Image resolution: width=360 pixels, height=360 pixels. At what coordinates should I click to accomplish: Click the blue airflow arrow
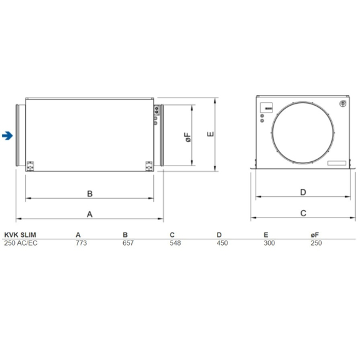click(x=7, y=135)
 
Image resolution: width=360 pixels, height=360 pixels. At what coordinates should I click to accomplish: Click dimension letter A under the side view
click(x=89, y=214)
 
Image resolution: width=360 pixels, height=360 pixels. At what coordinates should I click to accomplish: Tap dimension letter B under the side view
click(x=89, y=193)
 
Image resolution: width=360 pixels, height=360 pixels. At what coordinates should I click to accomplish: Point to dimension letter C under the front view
click(x=302, y=213)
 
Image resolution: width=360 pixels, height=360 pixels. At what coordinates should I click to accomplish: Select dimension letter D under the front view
click(x=302, y=192)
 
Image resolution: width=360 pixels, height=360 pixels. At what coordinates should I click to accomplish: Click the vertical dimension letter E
click(x=211, y=134)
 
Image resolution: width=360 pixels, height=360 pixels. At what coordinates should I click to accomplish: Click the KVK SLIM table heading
click(x=20, y=234)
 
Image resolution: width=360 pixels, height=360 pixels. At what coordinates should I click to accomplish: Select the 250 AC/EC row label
click(x=21, y=242)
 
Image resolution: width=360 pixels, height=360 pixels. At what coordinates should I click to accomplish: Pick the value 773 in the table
click(x=81, y=242)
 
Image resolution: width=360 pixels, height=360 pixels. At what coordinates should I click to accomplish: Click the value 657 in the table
click(x=128, y=242)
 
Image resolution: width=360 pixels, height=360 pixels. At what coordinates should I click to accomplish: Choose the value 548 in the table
click(x=175, y=242)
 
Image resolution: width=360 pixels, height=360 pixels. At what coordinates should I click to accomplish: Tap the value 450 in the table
click(x=221, y=242)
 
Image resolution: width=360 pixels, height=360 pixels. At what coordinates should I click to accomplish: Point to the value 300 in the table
click(x=269, y=242)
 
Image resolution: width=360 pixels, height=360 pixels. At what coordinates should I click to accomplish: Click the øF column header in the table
click(x=314, y=234)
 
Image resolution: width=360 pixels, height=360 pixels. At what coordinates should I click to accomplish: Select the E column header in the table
click(x=266, y=234)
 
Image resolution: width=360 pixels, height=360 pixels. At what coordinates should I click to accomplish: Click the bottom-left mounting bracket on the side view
click(x=31, y=165)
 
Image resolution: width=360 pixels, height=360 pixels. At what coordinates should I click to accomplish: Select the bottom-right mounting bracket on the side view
click(x=149, y=165)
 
